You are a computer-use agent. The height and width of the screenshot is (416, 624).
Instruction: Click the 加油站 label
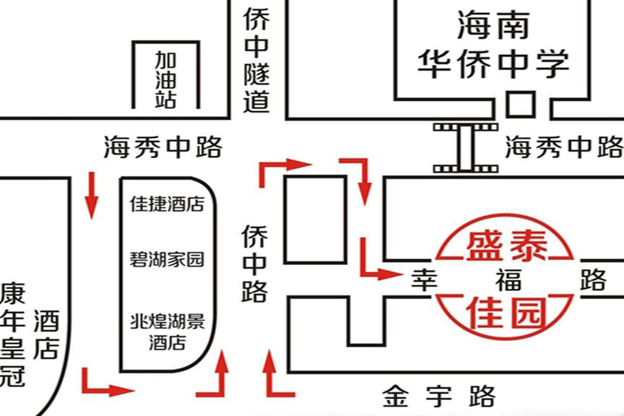point(165,79)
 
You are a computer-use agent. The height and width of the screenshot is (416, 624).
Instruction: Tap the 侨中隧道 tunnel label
point(256,61)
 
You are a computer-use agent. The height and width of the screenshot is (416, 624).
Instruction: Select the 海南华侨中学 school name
point(494,45)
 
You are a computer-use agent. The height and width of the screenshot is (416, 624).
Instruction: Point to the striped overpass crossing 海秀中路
point(465,147)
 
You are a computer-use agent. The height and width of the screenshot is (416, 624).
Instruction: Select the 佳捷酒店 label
point(167,204)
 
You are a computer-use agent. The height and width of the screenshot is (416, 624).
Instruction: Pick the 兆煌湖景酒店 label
point(167,331)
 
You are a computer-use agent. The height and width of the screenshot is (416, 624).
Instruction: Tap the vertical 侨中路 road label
point(254,263)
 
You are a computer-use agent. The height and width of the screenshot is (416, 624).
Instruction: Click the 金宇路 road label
point(439,396)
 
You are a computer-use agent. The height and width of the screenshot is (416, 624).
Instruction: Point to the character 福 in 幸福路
point(508,279)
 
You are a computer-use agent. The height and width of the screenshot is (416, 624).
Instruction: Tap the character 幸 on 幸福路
point(425,279)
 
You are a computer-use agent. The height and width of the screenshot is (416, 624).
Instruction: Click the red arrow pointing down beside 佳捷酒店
point(92,195)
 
